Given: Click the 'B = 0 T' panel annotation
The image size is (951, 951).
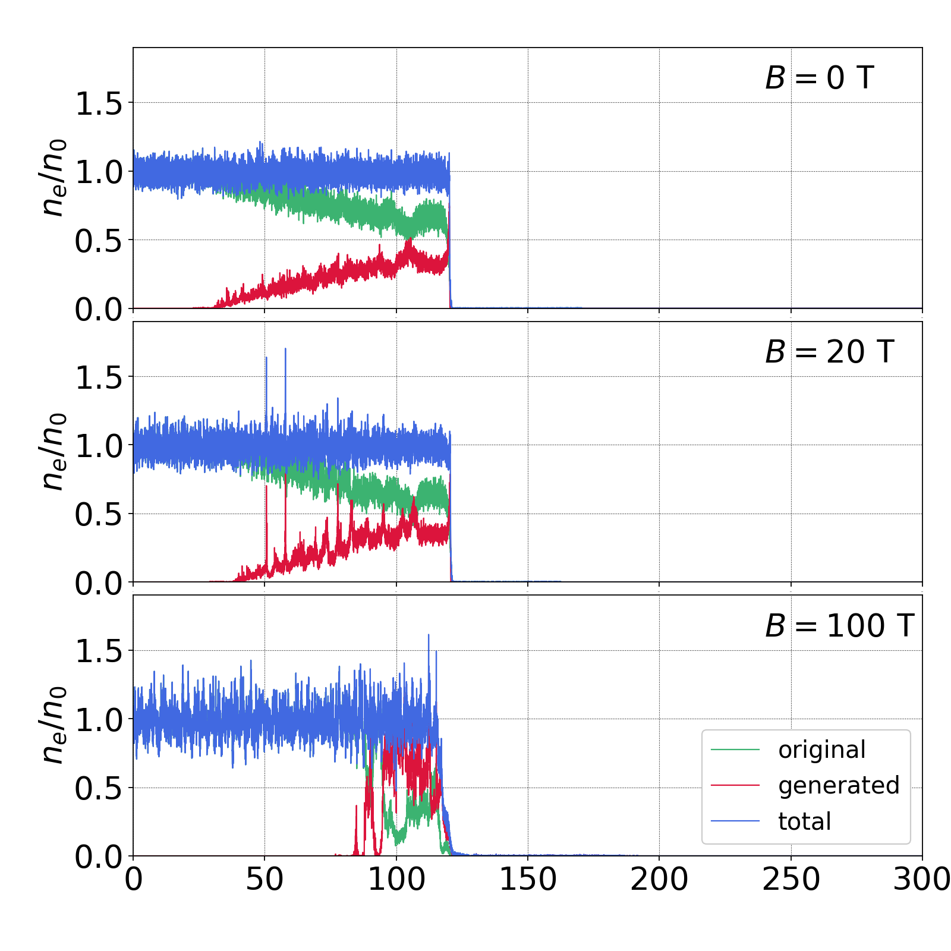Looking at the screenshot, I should coord(819,78).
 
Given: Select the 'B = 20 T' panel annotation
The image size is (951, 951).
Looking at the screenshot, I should coord(829,352).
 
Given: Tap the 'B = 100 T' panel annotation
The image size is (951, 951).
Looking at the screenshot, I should coord(839,626).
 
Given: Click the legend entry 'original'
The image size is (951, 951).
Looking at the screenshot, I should coord(822,750).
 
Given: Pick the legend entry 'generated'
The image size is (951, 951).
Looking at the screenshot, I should coord(839,786).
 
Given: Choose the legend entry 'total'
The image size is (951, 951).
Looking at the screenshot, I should coord(805,821).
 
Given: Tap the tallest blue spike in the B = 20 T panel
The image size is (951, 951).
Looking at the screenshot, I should coord(285,350).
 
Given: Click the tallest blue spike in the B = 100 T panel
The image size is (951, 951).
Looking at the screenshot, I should coord(429,636).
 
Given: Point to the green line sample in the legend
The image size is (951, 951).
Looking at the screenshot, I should coord(735,750).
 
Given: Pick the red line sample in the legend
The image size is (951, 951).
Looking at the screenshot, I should coord(735,786).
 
